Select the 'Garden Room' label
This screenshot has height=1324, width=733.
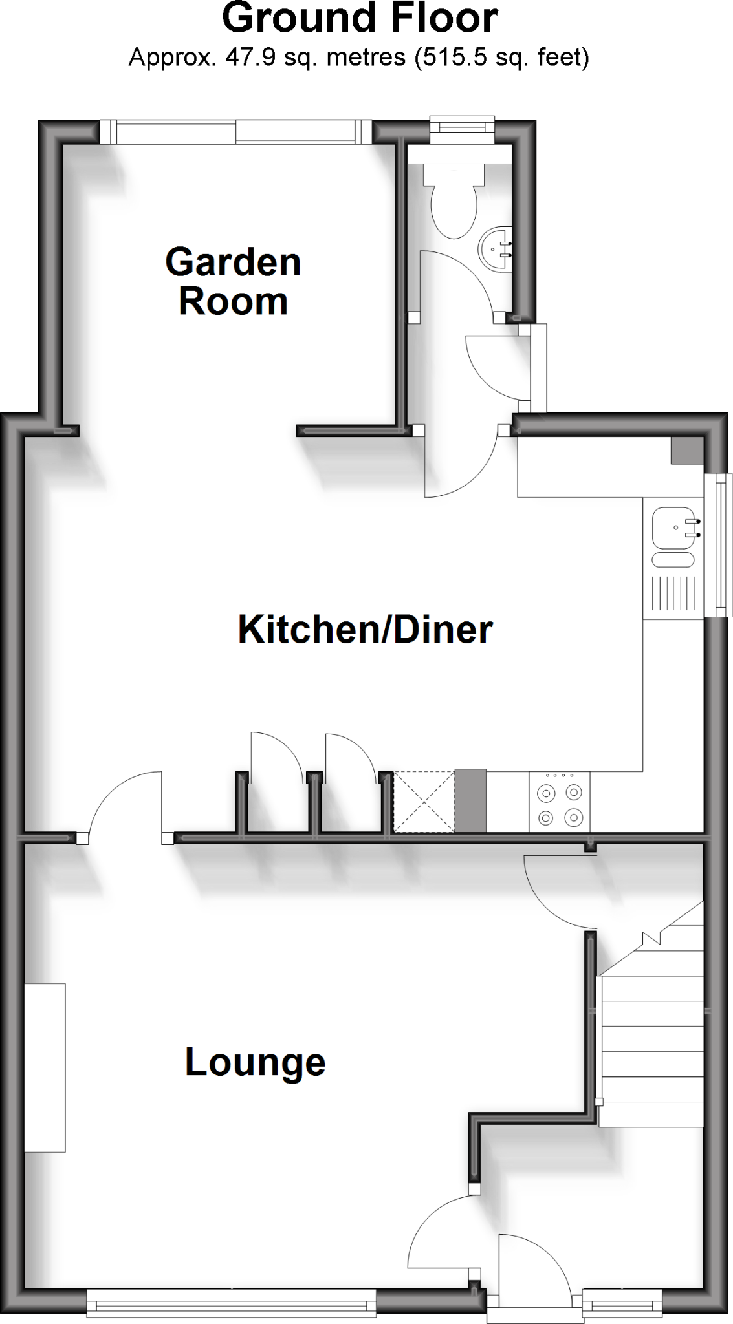click(x=233, y=281)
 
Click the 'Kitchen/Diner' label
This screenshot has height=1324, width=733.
click(x=366, y=629)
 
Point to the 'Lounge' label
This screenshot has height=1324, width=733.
click(x=255, y=1062)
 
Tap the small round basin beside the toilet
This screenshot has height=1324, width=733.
click(x=496, y=248)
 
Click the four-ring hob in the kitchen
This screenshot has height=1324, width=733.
click(x=560, y=801)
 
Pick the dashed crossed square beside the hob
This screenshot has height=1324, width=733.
click(x=424, y=801)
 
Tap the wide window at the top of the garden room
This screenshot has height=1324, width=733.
click(x=236, y=132)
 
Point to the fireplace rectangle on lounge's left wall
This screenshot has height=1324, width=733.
click(x=45, y=1067)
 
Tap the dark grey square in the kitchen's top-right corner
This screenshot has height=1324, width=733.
click(x=686, y=451)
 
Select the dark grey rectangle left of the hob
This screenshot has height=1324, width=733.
click(x=470, y=801)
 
